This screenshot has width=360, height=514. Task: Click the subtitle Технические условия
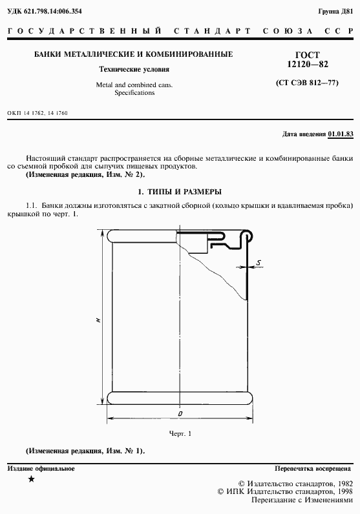point(134,70)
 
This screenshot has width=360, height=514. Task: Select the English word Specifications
point(134,93)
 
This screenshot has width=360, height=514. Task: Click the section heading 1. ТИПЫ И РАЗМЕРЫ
point(180,192)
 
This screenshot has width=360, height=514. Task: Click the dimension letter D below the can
point(180,413)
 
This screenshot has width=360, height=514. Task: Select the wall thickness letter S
point(258,262)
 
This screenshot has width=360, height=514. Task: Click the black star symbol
point(32,479)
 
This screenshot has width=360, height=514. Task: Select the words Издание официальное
point(41,468)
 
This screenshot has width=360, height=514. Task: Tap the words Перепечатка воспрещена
point(313,468)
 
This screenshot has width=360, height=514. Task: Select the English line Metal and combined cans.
point(134,85)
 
